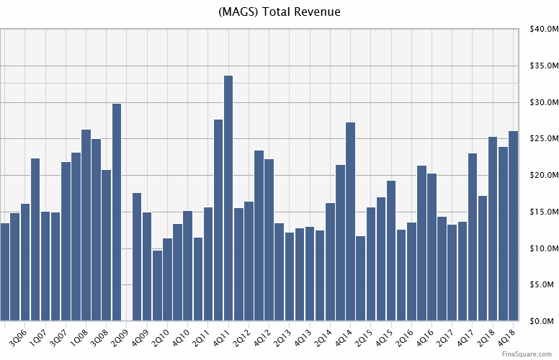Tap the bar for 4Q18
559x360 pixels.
[x=514, y=226]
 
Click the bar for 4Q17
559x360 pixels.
[x=473, y=237]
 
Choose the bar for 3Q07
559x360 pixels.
[x=66, y=241]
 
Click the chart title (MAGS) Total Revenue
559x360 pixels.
[x=279, y=12]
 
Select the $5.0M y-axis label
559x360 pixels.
[x=542, y=285]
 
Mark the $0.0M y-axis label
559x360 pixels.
[x=542, y=322]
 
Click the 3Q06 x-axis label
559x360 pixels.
[x=16, y=336]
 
